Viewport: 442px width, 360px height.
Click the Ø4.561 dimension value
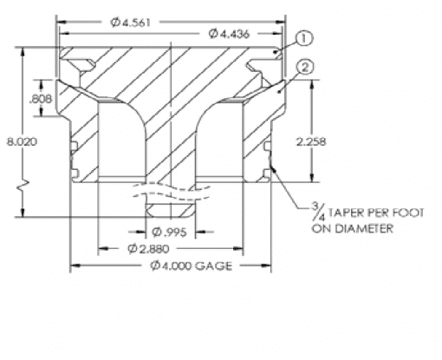coord(131,23)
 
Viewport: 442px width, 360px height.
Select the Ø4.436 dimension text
coord(229,34)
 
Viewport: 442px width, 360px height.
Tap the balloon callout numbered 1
coord(304,39)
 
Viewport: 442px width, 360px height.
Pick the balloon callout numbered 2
coord(305,68)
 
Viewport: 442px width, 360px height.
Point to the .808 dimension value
coord(41,99)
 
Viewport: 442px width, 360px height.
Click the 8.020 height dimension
coord(23,142)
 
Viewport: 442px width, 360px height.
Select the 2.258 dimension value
coord(311,141)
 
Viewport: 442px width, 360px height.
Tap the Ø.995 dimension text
coord(170,232)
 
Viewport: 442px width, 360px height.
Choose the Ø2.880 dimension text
coord(148,249)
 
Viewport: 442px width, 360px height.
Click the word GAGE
coord(214,265)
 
